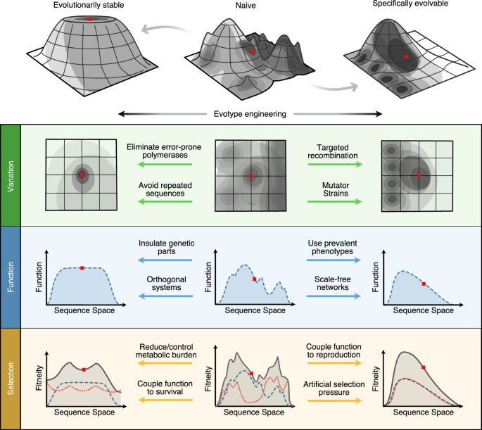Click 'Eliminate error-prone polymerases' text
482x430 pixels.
click(161, 153)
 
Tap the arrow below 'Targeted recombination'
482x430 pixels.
click(334, 165)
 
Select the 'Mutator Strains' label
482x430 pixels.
click(334, 189)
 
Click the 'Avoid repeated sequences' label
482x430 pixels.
click(161, 189)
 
